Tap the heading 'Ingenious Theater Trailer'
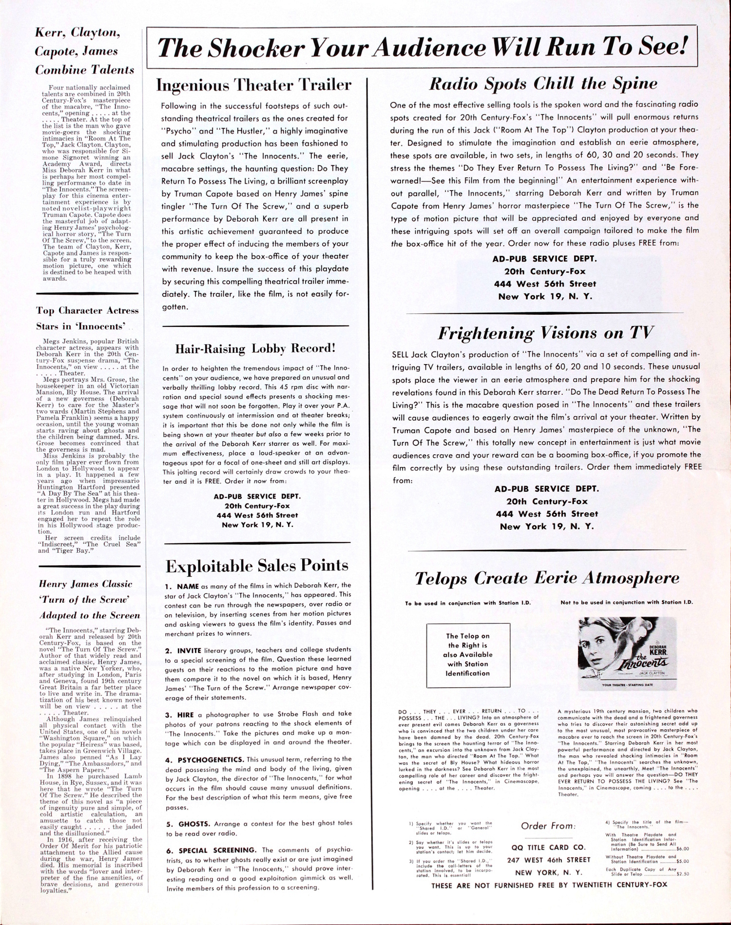(x=253, y=85)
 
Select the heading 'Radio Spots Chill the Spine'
(x=544, y=83)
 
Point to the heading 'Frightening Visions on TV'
(x=544, y=333)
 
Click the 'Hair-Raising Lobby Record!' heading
(x=255, y=348)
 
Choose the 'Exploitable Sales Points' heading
(x=257, y=566)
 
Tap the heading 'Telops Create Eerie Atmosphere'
(x=547, y=578)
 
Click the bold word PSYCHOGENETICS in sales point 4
(x=203, y=760)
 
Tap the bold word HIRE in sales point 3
(x=186, y=714)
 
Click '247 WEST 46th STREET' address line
(x=548, y=860)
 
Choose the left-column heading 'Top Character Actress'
(x=87, y=311)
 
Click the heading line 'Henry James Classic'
(x=85, y=584)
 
